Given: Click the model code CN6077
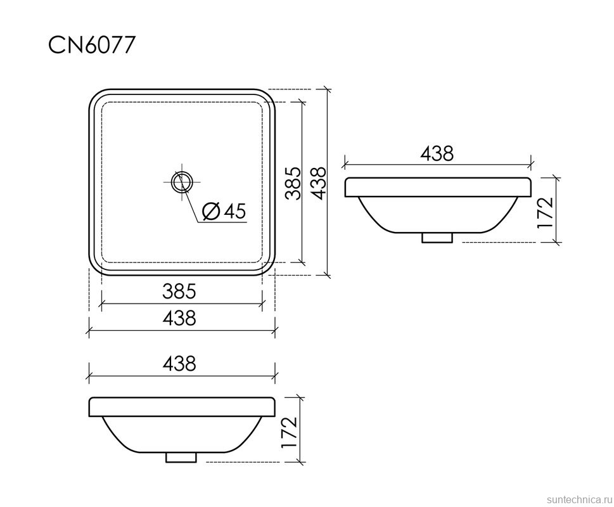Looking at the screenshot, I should tap(93, 45).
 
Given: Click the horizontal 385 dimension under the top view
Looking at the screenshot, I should tap(179, 291).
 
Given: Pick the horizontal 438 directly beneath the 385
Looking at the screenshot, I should tap(179, 318).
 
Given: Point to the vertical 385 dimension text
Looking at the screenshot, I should tap(293, 183).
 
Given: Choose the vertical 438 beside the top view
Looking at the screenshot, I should tap(318, 183).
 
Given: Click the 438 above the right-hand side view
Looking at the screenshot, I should tap(437, 153).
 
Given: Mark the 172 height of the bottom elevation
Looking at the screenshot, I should tap(290, 432).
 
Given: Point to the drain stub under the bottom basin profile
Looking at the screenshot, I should tap(181, 456).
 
